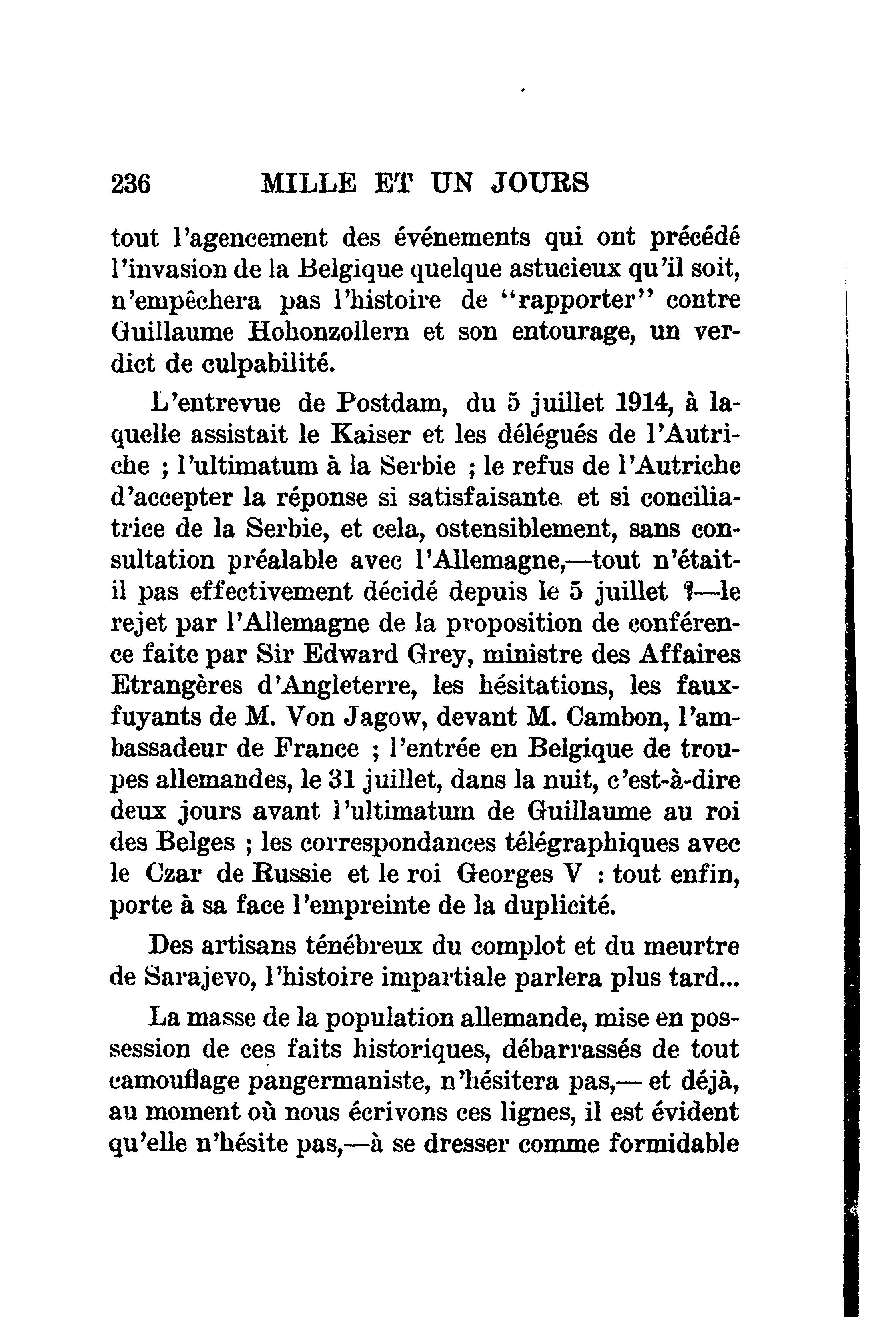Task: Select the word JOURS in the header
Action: [x=540, y=183]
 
